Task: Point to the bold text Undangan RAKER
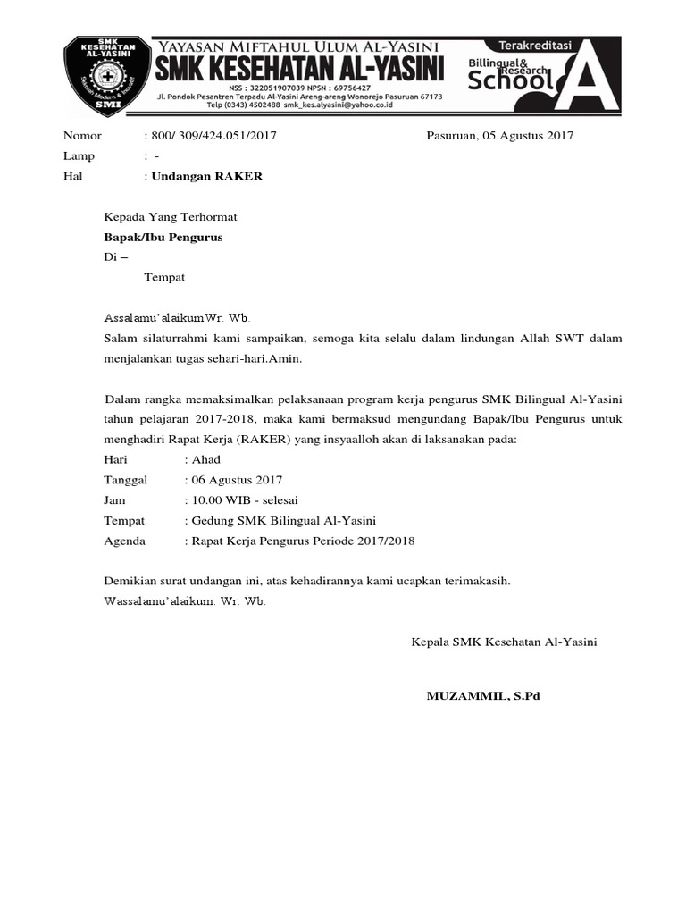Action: point(207,176)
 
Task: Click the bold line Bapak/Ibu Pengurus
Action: point(163,237)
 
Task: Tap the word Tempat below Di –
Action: point(164,277)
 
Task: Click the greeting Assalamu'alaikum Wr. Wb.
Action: point(178,317)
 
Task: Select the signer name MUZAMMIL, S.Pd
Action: point(483,695)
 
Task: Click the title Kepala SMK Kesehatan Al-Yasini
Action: point(504,642)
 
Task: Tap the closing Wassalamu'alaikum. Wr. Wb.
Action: point(185,600)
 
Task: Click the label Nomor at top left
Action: point(83,136)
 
